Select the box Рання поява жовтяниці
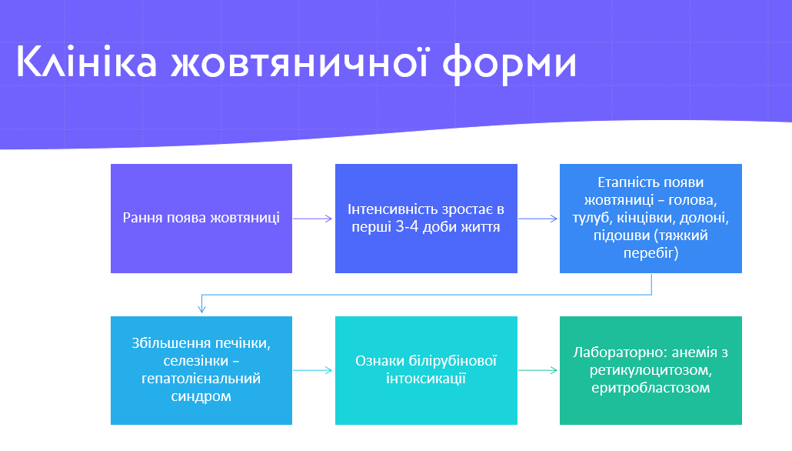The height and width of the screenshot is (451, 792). pyautogui.click(x=201, y=218)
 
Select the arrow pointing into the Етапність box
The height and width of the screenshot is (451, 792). pyautogui.click(x=538, y=219)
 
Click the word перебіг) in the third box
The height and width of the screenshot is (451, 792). pyautogui.click(x=650, y=252)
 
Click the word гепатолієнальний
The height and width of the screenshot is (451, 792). pyautogui.click(x=201, y=379)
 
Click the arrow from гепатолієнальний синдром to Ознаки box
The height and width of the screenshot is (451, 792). pyautogui.click(x=314, y=370)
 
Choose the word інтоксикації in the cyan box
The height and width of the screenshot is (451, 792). pyautogui.click(x=427, y=379)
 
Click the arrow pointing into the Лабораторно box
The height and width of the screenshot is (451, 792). pyautogui.click(x=538, y=370)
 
